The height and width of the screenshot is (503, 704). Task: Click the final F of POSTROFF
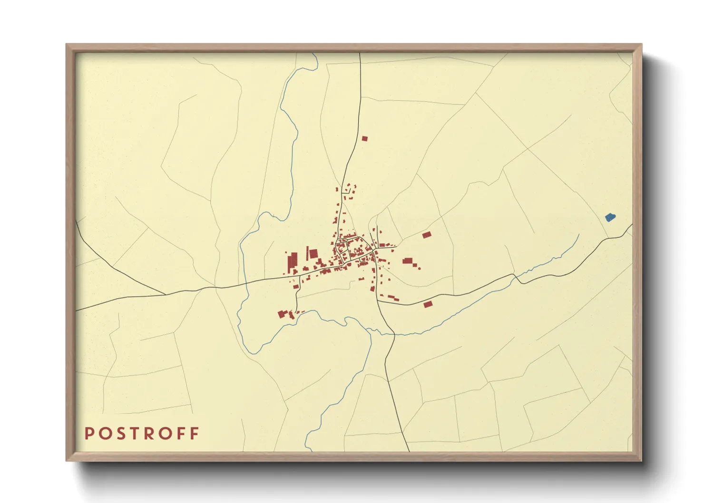coord(194,434)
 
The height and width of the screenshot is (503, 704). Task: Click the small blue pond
coord(610,217)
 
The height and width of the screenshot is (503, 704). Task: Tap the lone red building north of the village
coord(364,139)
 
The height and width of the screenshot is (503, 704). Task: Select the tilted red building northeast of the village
coord(426,235)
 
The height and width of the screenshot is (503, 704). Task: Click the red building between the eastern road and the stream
coord(428,304)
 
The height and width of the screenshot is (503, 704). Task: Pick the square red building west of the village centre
coord(313,254)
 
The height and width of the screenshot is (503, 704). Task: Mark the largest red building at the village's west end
coord(292,261)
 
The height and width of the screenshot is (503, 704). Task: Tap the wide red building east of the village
coord(407,261)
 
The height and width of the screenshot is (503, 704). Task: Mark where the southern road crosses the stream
coord(393,334)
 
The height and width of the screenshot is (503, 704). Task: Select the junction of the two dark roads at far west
coord(166,294)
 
